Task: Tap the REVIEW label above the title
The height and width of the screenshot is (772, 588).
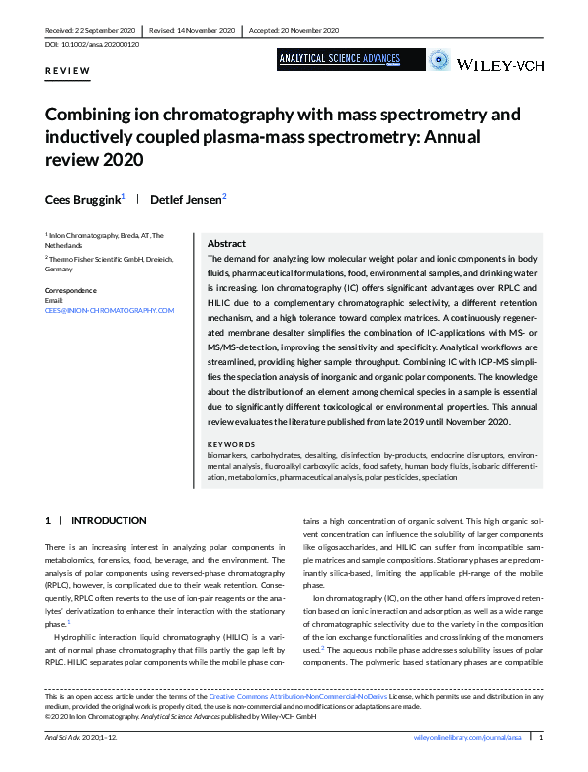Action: (68, 71)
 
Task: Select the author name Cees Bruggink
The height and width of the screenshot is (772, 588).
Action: (83, 199)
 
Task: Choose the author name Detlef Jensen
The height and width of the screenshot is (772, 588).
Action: (188, 199)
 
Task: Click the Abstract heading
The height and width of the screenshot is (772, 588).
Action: (226, 243)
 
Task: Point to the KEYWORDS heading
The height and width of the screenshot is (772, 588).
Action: (231, 444)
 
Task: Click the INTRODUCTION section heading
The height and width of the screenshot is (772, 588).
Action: (109, 520)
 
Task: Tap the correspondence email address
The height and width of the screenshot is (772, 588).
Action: (110, 310)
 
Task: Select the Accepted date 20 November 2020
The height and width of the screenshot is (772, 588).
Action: (302, 30)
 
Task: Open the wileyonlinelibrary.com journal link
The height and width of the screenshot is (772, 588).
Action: (462, 737)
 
